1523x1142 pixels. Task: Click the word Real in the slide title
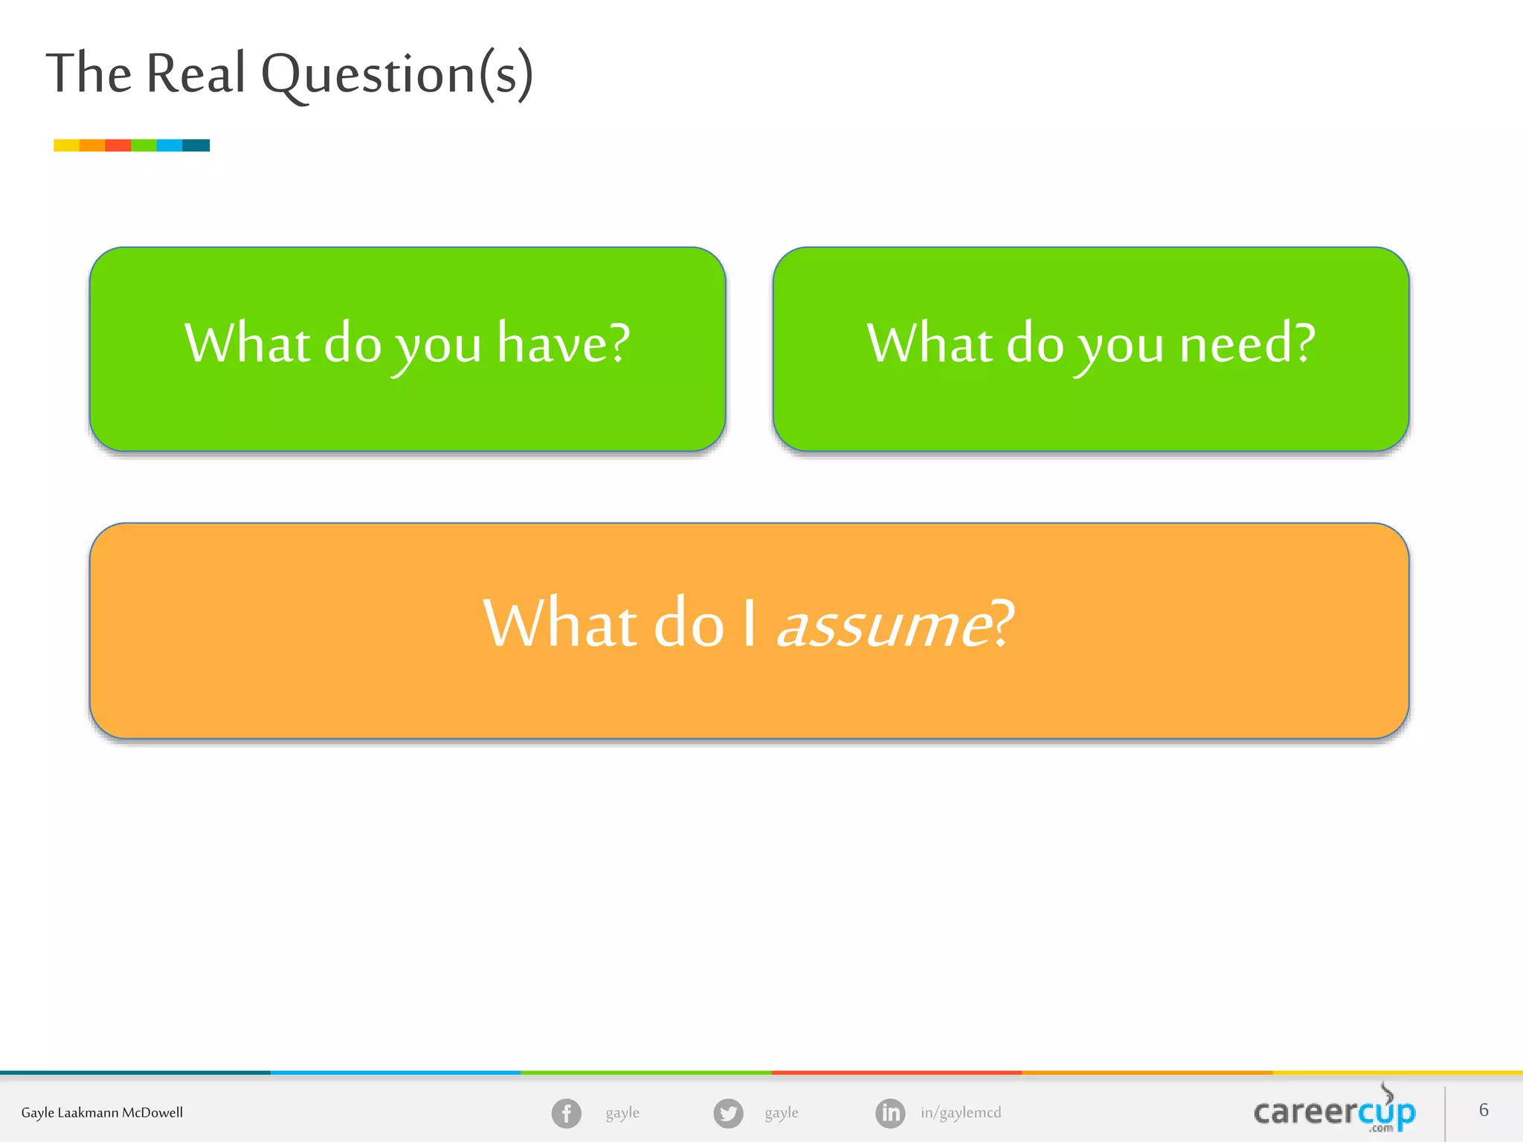[196, 74]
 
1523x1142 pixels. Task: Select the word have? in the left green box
[564, 344]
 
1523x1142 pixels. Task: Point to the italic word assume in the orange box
[883, 625]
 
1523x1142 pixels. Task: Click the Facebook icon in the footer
[566, 1113]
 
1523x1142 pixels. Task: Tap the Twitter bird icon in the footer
[728, 1113]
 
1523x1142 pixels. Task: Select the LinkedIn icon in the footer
[890, 1113]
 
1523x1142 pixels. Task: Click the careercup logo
[1334, 1112]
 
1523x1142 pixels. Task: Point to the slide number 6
[1484, 1110]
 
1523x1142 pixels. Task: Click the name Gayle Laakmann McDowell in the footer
[102, 1113]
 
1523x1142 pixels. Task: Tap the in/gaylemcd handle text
[961, 1113]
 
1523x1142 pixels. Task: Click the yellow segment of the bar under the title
[66, 145]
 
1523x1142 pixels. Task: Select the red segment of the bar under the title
[118, 145]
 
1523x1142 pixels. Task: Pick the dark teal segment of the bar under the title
[196, 145]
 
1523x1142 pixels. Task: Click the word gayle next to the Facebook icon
[622, 1113]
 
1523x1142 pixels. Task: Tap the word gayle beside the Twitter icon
[782, 1113]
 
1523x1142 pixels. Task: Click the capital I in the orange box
[750, 625]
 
